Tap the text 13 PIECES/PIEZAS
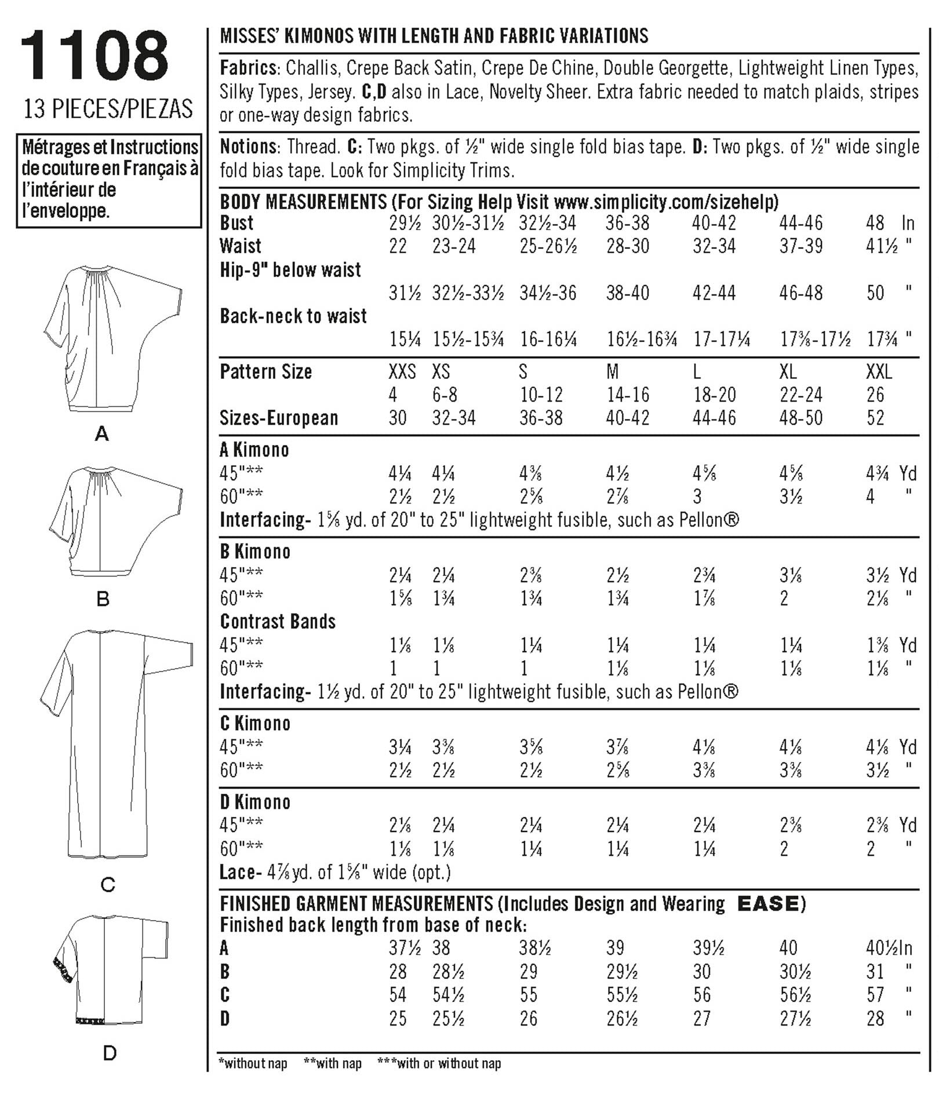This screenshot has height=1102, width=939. [108, 109]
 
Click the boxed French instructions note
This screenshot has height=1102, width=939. [109, 180]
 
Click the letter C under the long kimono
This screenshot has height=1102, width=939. [108, 885]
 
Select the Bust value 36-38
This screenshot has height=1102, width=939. [628, 223]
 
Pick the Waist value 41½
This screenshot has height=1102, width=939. [882, 246]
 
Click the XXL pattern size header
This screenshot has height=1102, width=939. [879, 371]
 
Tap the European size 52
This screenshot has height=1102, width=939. [875, 418]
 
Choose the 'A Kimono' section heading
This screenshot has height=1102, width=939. [254, 450]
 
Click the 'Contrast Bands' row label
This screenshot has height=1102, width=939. [278, 622]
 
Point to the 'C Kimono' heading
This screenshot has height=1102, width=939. [255, 724]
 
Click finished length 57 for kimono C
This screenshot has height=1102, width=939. [875, 995]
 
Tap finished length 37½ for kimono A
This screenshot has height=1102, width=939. [405, 948]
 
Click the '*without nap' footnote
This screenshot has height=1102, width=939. [253, 1063]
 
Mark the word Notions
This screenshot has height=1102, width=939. [248, 147]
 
